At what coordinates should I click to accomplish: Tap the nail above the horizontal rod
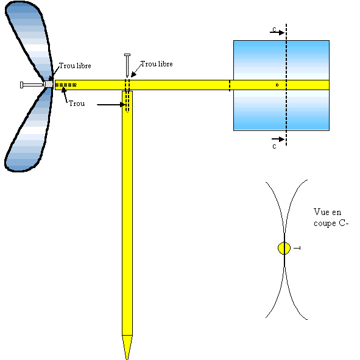[x=127, y=65]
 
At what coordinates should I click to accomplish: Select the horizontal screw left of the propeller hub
[x=32, y=85]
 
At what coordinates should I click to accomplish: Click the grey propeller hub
[x=49, y=84]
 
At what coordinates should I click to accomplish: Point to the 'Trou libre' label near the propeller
[x=75, y=66]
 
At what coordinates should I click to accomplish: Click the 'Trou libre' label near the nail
[x=157, y=64]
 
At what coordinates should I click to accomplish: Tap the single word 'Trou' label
[x=77, y=104]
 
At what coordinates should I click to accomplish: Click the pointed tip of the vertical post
[x=127, y=359]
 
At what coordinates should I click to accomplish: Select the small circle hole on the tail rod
[x=277, y=85]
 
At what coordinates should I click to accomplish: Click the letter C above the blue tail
[x=274, y=29]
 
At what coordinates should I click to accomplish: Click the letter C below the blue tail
[x=274, y=146]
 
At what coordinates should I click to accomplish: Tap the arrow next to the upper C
[x=277, y=33]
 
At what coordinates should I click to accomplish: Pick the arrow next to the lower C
[x=278, y=139]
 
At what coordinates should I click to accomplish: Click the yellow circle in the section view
[x=284, y=248]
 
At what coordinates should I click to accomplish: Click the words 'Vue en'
[x=327, y=212]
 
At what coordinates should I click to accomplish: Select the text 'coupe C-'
[x=331, y=224]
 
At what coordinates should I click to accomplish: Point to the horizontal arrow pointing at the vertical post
[x=111, y=105]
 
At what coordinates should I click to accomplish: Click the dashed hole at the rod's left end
[x=66, y=85]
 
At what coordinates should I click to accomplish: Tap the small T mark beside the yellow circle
[x=297, y=248]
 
